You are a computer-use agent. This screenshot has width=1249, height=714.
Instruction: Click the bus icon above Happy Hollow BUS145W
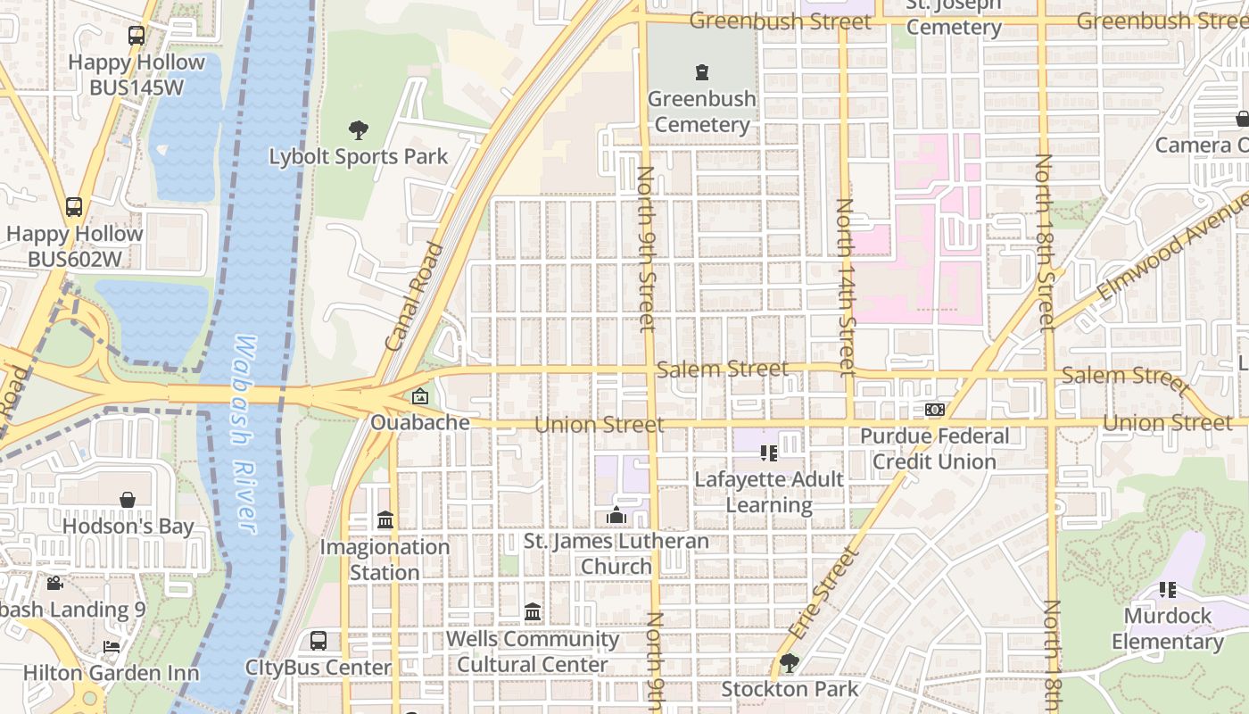136,36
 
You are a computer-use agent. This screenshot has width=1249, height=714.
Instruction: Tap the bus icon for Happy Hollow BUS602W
74,207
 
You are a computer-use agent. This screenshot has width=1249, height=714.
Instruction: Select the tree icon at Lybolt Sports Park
359,130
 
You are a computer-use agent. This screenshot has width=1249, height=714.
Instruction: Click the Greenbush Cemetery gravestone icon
702,72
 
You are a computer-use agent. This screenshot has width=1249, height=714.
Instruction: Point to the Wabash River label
244,435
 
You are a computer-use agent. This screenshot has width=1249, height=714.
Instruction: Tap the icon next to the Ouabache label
419,396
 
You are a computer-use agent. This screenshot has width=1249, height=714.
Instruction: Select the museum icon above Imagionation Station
385,519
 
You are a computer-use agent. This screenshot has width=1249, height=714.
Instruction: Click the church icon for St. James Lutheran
616,515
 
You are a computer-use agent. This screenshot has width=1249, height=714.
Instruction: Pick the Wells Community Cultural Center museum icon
533,611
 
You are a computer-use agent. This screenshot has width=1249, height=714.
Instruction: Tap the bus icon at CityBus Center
318,640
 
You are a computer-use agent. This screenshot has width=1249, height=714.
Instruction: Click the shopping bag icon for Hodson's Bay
128,500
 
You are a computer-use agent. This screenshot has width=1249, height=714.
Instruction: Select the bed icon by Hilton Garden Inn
112,646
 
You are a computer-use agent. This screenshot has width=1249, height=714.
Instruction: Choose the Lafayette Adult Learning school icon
768,453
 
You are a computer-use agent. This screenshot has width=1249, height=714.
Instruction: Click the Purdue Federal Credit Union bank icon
934,409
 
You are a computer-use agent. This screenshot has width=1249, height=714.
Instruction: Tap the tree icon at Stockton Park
789,662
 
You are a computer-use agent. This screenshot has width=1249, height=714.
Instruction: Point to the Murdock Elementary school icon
1167,589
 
